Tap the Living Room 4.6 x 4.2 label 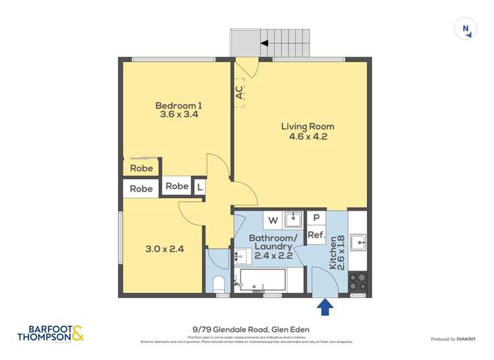tap(307, 132)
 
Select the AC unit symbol tap(239, 93)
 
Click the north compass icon tap(466, 28)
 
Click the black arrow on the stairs tap(265, 43)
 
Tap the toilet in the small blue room tap(219, 284)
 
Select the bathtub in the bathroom tap(262, 280)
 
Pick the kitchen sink tap(358, 242)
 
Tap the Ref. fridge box tap(316, 235)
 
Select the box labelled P tap(316, 218)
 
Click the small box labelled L tap(200, 187)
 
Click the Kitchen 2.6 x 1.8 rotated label tap(337, 252)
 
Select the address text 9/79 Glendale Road tap(247, 330)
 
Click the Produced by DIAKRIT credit tap(453, 339)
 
